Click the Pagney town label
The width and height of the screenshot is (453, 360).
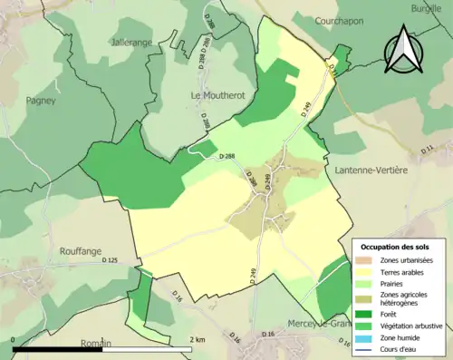tap(41, 101)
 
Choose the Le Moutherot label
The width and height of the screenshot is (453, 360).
tap(214, 95)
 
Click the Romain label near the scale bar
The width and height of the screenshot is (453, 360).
tap(94, 344)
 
